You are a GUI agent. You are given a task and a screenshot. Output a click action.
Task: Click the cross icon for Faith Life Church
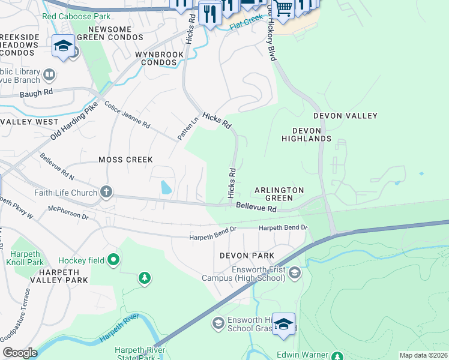(x=106, y=193)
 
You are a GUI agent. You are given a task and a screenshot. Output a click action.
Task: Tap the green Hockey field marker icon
(x=113, y=260)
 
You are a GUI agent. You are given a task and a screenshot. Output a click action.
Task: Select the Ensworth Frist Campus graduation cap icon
(x=294, y=274)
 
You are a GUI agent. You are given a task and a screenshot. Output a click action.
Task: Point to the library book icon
(x=49, y=76)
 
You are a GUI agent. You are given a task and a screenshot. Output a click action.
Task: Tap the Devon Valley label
(x=345, y=116)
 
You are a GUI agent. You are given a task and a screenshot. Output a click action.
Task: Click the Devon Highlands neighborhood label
(x=306, y=134)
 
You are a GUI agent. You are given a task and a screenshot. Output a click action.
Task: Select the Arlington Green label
(x=279, y=194)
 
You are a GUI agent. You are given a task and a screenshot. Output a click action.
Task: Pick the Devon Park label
(x=243, y=256)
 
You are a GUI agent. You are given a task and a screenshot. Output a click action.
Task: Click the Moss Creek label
(x=125, y=160)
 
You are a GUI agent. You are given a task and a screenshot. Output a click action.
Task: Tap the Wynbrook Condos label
(x=158, y=58)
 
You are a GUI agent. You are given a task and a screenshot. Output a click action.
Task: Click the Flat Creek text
(x=246, y=27)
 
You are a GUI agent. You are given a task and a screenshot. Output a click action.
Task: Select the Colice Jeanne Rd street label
(x=127, y=114)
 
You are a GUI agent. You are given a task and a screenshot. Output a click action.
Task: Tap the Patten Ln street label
(x=188, y=127)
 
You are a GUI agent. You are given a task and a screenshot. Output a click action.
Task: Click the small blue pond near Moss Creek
(x=165, y=188)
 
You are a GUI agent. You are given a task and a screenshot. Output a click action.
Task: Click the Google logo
(x=19, y=353)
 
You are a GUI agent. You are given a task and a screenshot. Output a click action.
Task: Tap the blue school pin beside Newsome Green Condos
(x=63, y=47)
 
